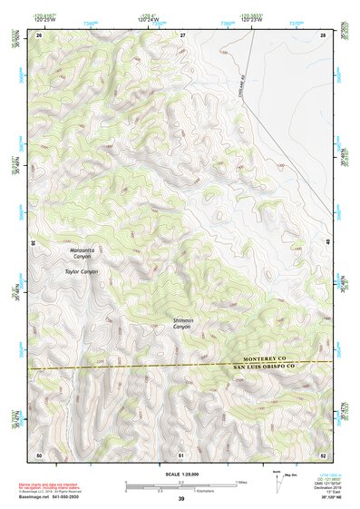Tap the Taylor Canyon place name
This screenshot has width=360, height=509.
click(81, 271)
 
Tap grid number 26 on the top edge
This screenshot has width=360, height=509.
click(39, 34)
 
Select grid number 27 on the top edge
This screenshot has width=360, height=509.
click(182, 34)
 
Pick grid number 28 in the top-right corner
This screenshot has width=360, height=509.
click(324, 34)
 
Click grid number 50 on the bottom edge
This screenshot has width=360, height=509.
click(39, 454)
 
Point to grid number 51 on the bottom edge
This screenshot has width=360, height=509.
click(182, 454)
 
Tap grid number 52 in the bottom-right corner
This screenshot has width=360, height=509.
click(324, 454)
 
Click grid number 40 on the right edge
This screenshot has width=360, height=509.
click(329, 243)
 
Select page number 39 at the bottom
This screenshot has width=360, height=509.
click(181, 499)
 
